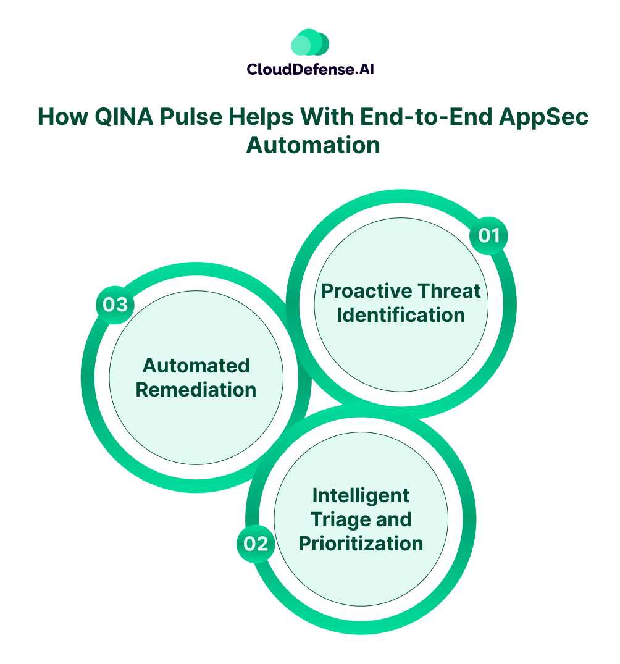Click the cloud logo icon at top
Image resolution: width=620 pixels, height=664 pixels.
click(310, 43)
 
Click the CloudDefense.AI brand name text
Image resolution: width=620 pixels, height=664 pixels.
click(310, 69)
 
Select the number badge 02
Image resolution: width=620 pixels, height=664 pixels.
click(256, 544)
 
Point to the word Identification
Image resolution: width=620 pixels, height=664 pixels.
click(401, 314)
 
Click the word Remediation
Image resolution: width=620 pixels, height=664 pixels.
click(196, 390)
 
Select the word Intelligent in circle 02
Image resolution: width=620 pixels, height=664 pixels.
click(361, 495)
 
